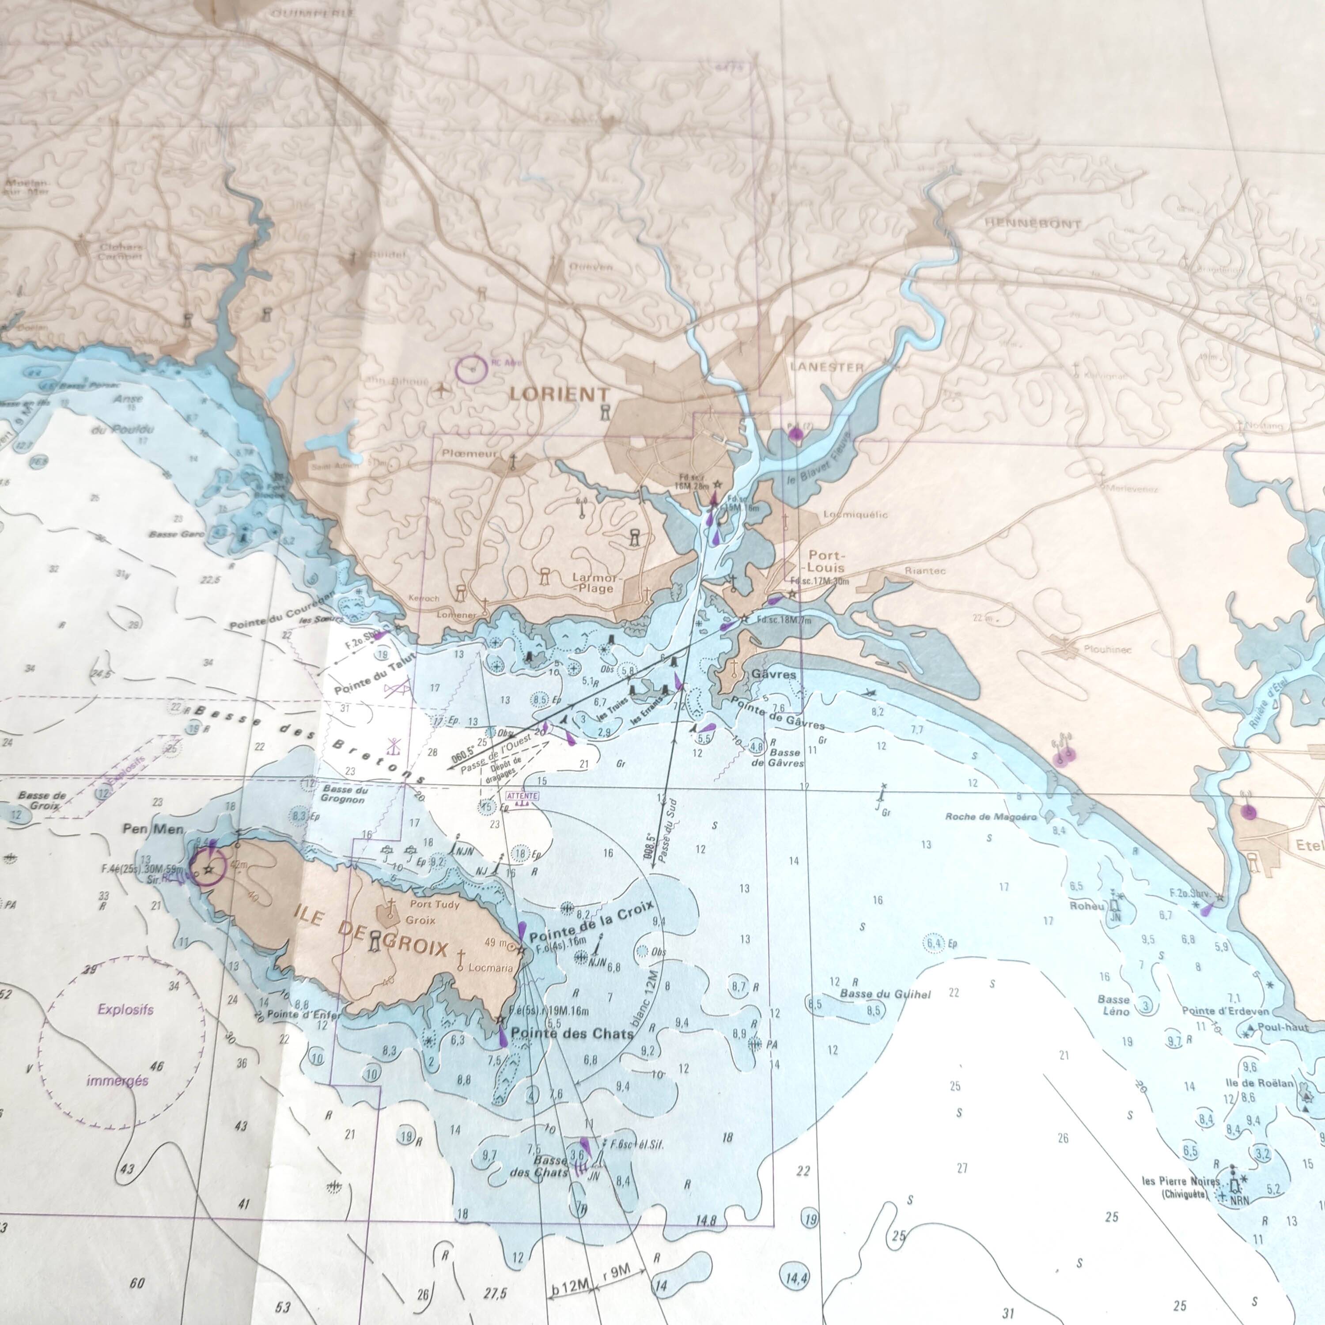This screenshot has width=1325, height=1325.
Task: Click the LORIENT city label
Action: (x=560, y=394)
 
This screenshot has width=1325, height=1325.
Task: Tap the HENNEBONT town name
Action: (x=1032, y=223)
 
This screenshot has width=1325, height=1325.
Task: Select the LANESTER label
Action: (x=826, y=367)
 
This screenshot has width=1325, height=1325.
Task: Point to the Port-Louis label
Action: (x=826, y=561)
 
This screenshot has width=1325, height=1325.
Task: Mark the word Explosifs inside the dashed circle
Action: (x=125, y=1010)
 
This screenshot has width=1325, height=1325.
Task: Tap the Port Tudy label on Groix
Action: (x=434, y=904)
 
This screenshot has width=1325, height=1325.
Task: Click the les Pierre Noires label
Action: (x=1180, y=1181)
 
